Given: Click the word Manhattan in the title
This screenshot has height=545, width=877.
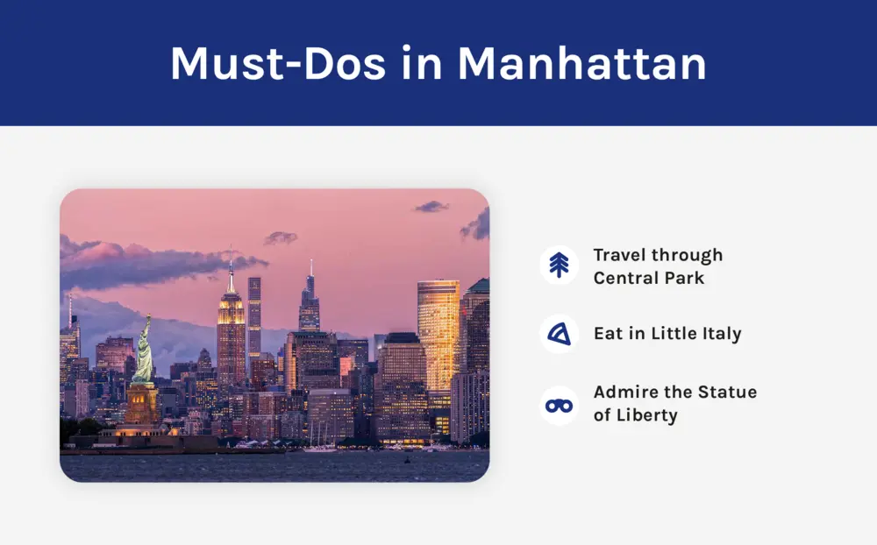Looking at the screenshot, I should click(582, 63).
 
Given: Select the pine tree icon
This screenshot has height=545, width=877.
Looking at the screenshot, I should click(559, 265).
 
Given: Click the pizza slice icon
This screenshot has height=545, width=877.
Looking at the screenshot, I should click(559, 334).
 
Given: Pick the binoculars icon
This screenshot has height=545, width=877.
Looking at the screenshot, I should click(559, 406).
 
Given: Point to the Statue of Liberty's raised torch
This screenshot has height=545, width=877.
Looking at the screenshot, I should click(148, 316).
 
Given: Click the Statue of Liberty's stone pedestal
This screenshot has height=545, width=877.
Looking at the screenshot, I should click(142, 405).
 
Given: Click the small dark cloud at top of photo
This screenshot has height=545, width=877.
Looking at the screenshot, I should click(431, 207).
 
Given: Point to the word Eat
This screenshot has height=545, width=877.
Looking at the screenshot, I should click(609, 334).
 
